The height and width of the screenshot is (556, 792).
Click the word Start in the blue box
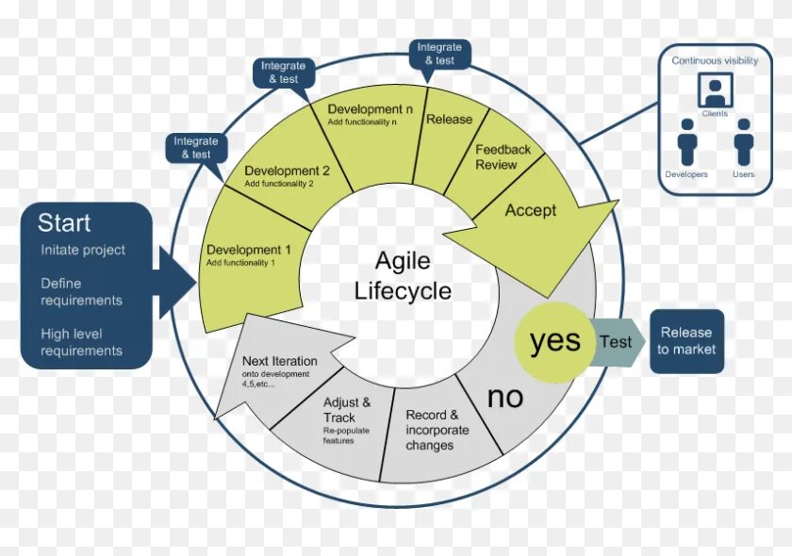[64, 223]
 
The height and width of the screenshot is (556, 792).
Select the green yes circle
[554, 341]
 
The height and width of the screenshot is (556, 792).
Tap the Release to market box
[686, 340]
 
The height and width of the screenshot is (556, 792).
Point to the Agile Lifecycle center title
[401, 275]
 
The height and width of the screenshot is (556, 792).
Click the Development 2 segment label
[287, 172]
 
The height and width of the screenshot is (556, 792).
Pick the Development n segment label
[371, 109]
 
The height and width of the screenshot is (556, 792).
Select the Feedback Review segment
[503, 157]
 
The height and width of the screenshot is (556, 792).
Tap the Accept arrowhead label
[531, 210]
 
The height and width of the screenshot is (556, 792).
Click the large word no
[505, 397]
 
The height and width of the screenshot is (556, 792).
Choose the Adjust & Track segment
[346, 410]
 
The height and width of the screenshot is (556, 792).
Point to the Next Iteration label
[279, 361]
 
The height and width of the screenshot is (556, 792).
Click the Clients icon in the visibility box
[715, 90]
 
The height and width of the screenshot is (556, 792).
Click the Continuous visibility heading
[715, 60]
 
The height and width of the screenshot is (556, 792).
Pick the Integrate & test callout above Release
[439, 53]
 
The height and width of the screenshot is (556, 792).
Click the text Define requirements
[81, 291]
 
